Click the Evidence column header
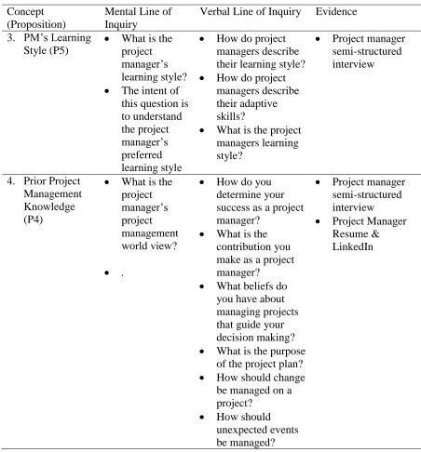pyautogui.click(x=336, y=12)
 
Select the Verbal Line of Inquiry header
pyautogui.click(x=251, y=12)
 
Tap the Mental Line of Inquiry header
pyautogui.click(x=138, y=18)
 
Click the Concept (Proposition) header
pyautogui.click(x=36, y=18)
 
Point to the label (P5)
pyautogui.click(x=59, y=50)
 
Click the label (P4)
pyautogui.click(x=34, y=219)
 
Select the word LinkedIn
pyautogui.click(x=353, y=246)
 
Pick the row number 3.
pyautogui.click(x=11, y=38)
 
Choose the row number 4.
pyautogui.click(x=11, y=180)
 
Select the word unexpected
pyautogui.click(x=238, y=430)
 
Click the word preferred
pyautogui.click(x=142, y=154)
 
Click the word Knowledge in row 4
pyautogui.click(x=49, y=206)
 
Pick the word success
pyautogui.click(x=236, y=207)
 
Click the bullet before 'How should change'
pyautogui.click(x=202, y=378)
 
